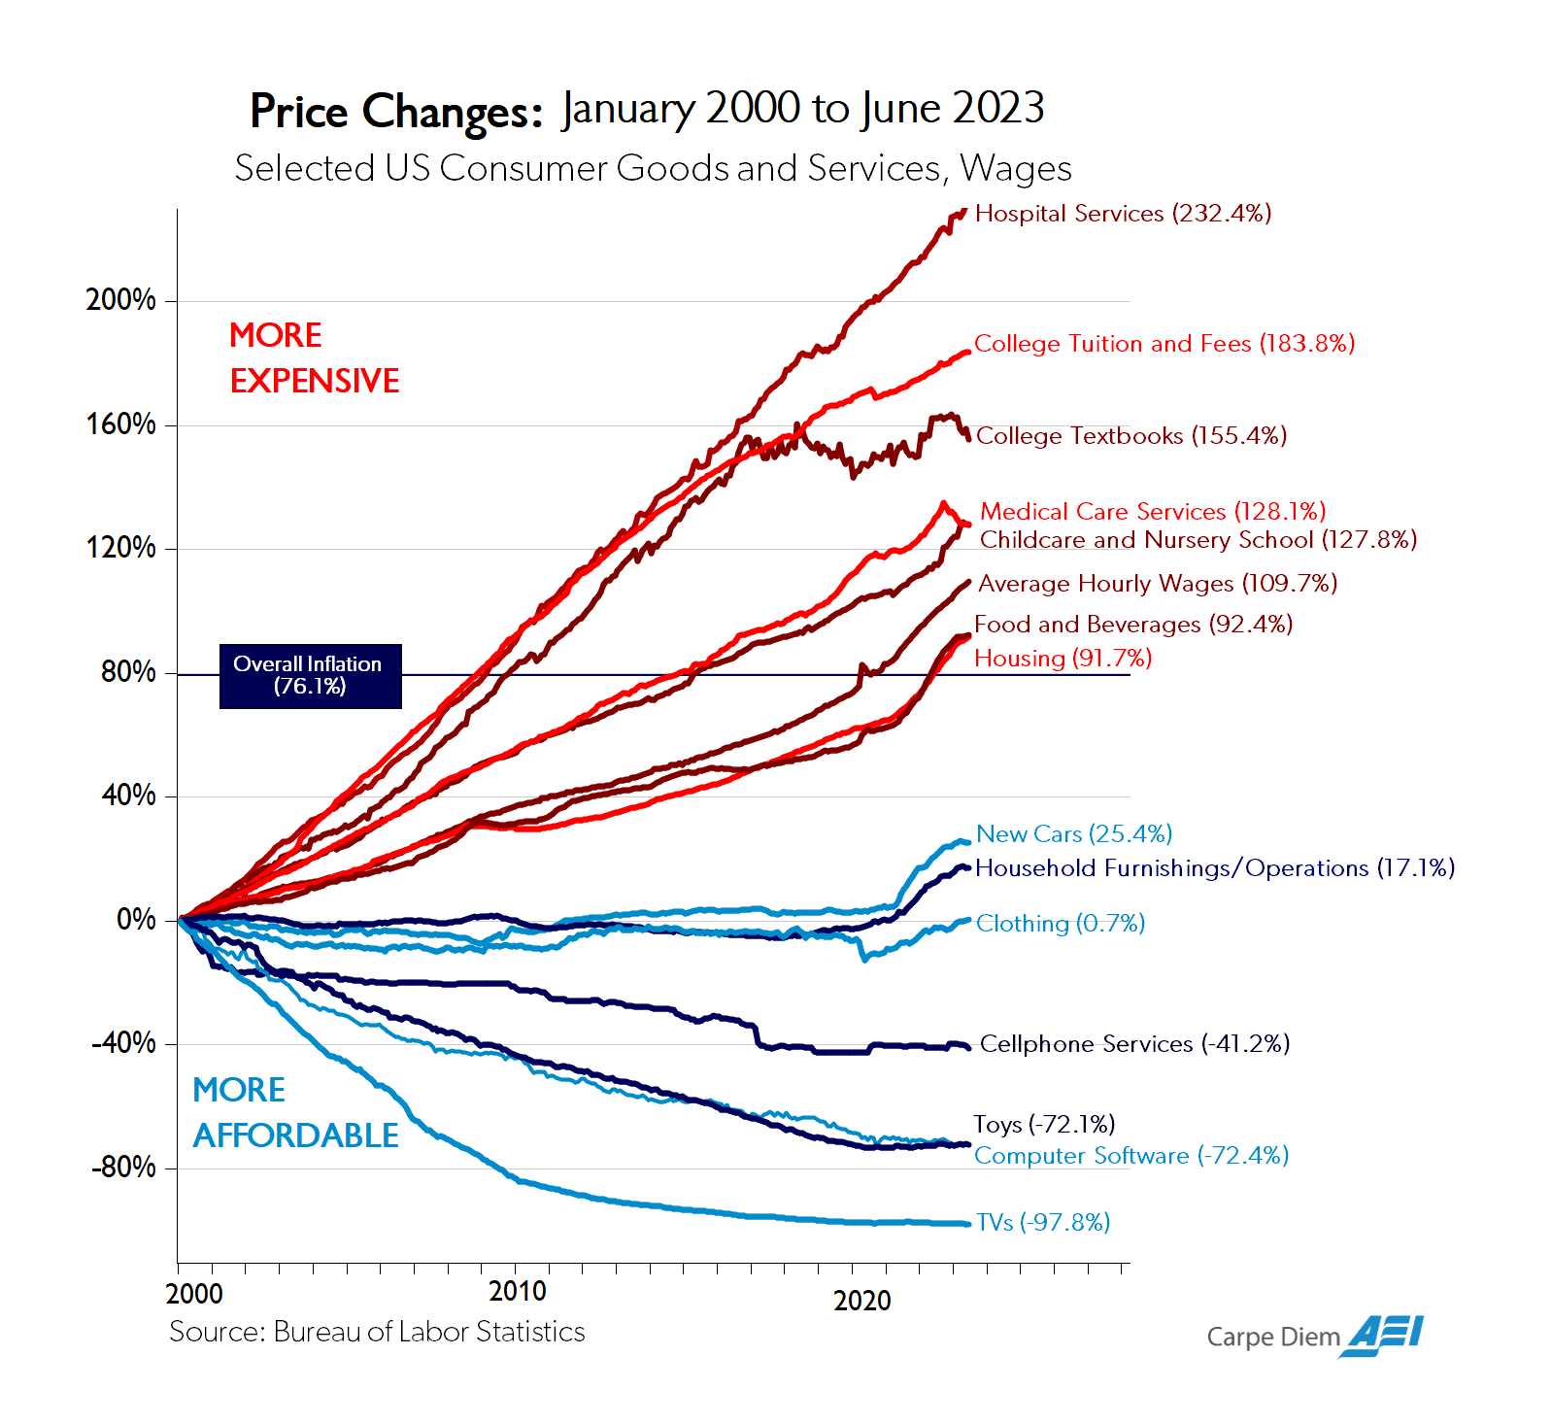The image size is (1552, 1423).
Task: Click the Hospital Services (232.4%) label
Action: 1123,214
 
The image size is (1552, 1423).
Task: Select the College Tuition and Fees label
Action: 1164,344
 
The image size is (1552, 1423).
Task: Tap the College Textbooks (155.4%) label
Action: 1130,436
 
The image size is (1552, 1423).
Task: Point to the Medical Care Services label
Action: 1152,512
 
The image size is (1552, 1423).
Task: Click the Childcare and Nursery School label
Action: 1198,540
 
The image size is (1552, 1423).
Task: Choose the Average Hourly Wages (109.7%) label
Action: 1157,584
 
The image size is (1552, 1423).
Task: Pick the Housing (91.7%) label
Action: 1063,659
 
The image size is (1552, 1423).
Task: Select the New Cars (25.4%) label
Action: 1073,834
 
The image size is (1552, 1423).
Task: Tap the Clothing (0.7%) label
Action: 1060,924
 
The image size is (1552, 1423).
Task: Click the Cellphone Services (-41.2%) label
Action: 1134,1044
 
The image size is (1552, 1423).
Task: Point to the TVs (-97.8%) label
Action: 1042,1223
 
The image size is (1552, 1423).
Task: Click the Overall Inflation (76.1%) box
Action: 310,676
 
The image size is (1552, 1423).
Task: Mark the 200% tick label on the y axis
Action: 120,300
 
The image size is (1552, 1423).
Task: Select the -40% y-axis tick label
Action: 123,1043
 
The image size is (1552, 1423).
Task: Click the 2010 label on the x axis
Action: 517,1292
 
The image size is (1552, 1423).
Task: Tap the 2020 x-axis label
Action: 861,1301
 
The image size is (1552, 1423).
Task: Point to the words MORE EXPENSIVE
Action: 314,358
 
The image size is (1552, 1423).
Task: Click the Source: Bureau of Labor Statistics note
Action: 377,1332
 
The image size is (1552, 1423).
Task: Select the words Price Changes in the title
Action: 395,112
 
